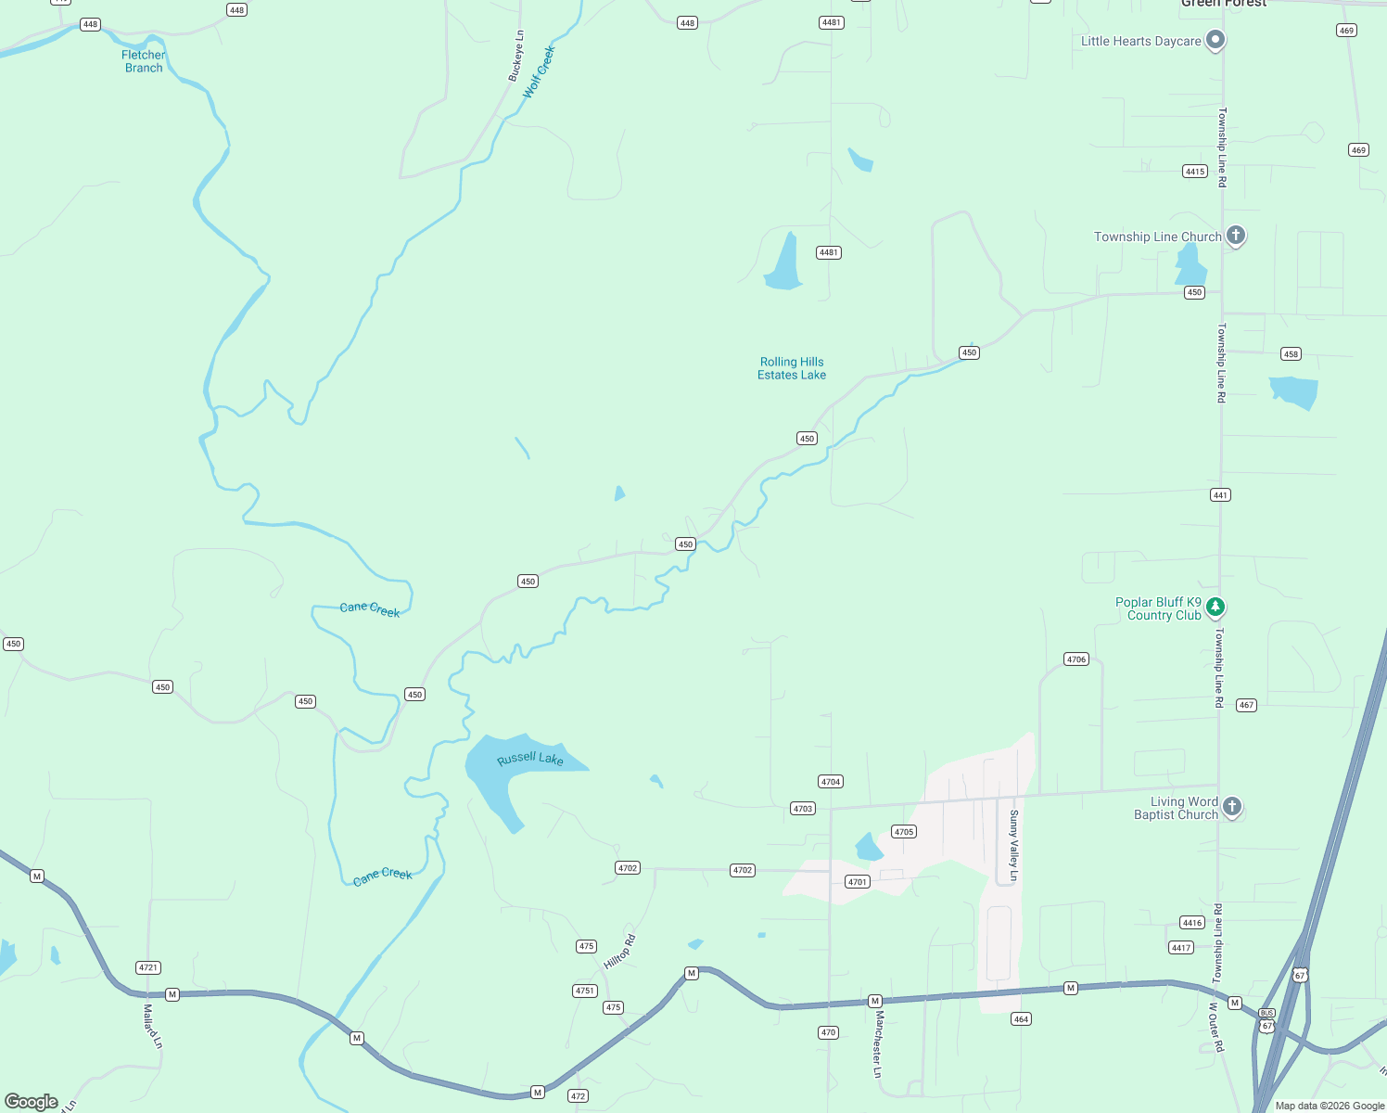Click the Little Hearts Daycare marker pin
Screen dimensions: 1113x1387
tap(1215, 41)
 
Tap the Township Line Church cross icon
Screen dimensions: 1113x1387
tap(1235, 236)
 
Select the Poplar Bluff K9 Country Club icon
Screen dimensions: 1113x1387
tap(1215, 608)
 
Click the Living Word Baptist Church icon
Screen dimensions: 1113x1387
tap(1231, 807)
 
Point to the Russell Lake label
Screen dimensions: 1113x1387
tap(530, 759)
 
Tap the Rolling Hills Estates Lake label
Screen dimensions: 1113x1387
tap(792, 368)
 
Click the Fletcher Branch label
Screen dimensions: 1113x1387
tap(144, 61)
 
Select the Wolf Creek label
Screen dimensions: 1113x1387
tap(539, 72)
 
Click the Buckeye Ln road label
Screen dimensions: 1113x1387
tap(516, 57)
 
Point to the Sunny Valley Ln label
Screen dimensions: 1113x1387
tap(1013, 846)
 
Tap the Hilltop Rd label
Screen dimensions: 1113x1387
tap(619, 953)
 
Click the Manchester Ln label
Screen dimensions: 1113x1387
tap(877, 1044)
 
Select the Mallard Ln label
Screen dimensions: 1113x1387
tap(153, 1026)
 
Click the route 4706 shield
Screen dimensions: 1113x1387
tap(1075, 659)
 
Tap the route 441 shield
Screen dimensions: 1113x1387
tap(1220, 495)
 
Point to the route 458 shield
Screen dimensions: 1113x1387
tap(1291, 353)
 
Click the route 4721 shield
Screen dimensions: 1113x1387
tap(148, 967)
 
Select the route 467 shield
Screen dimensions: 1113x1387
tap(1246, 705)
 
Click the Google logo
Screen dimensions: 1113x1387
tap(32, 1102)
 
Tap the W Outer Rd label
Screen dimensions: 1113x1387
tap(1215, 1027)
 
